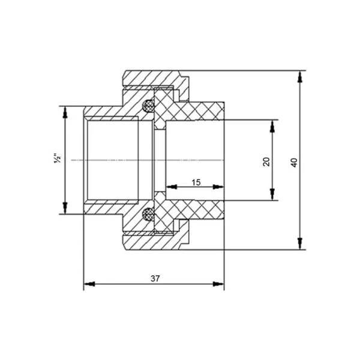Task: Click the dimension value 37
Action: (x=155, y=278)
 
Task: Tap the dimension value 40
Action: (x=294, y=163)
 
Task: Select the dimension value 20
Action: (x=266, y=161)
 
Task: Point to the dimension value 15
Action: (x=196, y=182)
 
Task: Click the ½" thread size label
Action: (x=58, y=158)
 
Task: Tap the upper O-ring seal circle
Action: (x=148, y=106)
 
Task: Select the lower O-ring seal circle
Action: (x=148, y=214)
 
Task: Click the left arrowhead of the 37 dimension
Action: (x=89, y=284)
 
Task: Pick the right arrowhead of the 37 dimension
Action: (x=218, y=284)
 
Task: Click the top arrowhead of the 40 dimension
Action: (x=299, y=77)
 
